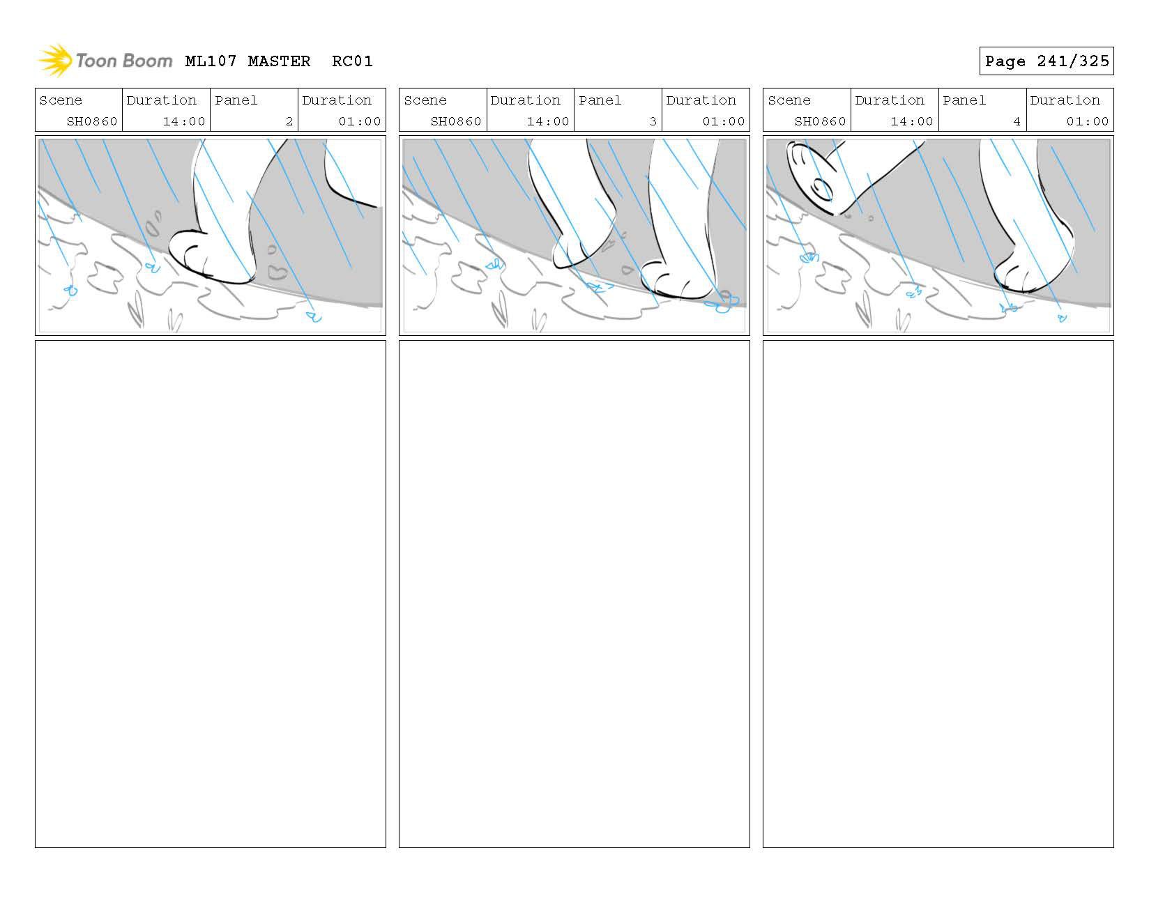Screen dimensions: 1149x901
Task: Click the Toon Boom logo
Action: click(x=105, y=61)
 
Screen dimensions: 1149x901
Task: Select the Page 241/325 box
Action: click(x=1046, y=61)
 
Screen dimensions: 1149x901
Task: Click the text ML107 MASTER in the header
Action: click(x=248, y=61)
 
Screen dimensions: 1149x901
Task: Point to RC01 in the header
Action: click(x=352, y=61)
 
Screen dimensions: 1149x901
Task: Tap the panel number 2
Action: click(x=289, y=121)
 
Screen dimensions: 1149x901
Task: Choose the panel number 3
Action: click(x=653, y=121)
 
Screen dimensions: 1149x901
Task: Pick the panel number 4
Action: click(x=1017, y=121)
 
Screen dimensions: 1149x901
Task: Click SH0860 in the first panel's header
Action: click(x=92, y=121)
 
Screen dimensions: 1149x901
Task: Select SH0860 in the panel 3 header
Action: click(x=456, y=121)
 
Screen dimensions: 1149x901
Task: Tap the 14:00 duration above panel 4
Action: click(x=912, y=121)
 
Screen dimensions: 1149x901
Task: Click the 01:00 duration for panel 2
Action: click(x=360, y=121)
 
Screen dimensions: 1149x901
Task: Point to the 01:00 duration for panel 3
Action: click(x=724, y=121)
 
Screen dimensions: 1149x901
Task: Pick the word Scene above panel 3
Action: click(x=425, y=100)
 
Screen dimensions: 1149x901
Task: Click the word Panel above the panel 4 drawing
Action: click(x=964, y=100)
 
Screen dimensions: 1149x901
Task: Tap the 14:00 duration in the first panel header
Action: click(x=184, y=121)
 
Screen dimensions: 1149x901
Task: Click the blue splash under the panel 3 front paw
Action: click(x=725, y=304)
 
